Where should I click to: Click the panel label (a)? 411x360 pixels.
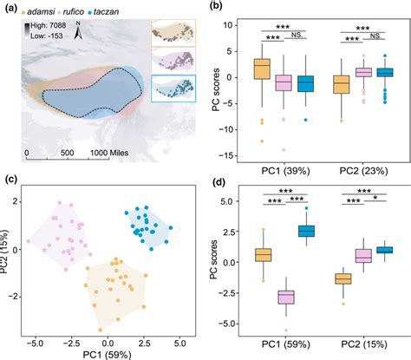pos(10,9)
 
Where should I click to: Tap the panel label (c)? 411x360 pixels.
pos(10,181)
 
